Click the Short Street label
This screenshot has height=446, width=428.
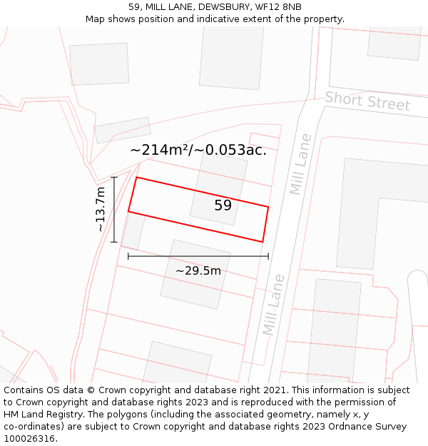[367, 101]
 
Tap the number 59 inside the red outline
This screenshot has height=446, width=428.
[223, 206]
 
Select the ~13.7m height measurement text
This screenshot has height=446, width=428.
[101, 209]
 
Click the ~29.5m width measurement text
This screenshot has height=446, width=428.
[198, 270]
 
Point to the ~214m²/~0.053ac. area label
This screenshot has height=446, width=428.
[198, 150]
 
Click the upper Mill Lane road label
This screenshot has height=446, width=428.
[300, 164]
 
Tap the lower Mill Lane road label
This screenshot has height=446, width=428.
[273, 305]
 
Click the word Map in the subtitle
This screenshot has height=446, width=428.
[96, 19]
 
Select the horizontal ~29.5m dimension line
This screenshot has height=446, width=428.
[198, 255]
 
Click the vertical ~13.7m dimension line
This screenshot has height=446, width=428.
[114, 209]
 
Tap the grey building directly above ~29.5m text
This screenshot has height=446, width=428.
[195, 273]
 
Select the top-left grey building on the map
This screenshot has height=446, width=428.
[99, 64]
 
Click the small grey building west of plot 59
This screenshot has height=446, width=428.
[133, 230]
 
